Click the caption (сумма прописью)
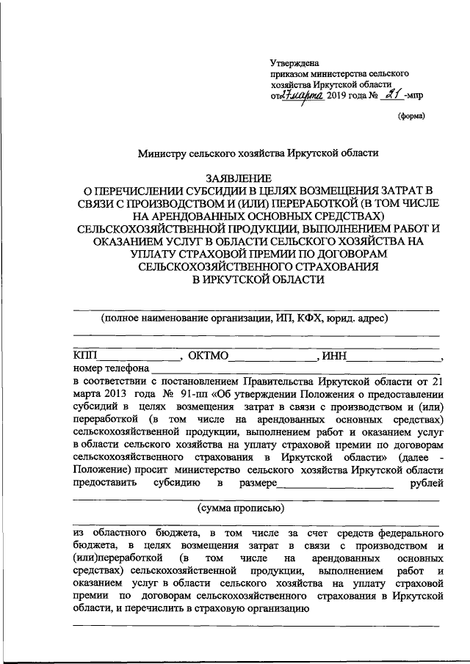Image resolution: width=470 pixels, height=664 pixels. coord(242,508)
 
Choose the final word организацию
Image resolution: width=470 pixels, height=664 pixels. coord(265,608)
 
